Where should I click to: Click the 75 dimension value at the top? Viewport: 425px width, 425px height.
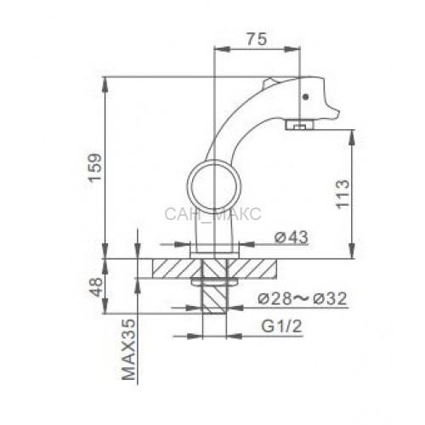(x=257, y=39)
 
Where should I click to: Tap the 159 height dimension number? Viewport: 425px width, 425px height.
(x=94, y=167)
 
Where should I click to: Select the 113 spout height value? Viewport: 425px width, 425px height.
(x=343, y=195)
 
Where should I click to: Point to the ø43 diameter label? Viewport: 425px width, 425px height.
(x=292, y=237)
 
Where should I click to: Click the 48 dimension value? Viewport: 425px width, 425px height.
(x=95, y=287)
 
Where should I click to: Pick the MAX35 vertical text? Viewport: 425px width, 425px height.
(x=128, y=349)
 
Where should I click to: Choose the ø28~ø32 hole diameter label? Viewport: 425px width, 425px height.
(x=303, y=298)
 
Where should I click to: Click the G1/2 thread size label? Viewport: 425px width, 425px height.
(x=282, y=326)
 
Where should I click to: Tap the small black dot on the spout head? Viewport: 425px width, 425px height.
(x=305, y=97)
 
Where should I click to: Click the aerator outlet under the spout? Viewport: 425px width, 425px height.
(x=299, y=125)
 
